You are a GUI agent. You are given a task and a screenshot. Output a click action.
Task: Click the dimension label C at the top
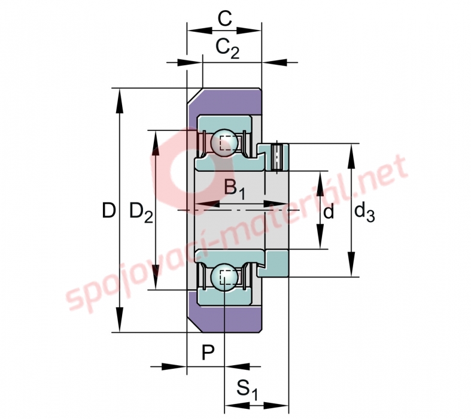pyautogui.click(x=224, y=19)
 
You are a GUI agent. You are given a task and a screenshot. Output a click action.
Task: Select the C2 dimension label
pyautogui.click(x=227, y=48)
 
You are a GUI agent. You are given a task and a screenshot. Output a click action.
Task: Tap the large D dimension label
pyautogui.click(x=109, y=210)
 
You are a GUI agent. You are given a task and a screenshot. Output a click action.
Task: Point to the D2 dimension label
pyautogui.click(x=141, y=212)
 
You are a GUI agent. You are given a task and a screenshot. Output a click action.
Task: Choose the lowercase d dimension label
pyautogui.click(x=329, y=211)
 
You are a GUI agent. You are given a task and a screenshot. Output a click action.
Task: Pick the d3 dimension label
pyautogui.click(x=364, y=211)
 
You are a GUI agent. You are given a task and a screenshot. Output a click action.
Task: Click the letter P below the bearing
pyautogui.click(x=208, y=353)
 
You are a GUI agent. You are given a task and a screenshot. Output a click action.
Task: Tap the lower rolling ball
pyautogui.click(x=224, y=277)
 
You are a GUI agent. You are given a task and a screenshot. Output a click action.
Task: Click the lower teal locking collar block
pyautogui.click(x=274, y=263)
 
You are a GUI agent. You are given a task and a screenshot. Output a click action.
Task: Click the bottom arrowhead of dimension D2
pyautogui.click(x=155, y=277)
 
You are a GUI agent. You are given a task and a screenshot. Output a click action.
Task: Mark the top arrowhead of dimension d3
pyautogui.click(x=351, y=156)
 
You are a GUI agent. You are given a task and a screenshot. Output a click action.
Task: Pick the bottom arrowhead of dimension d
pyautogui.click(x=321, y=236)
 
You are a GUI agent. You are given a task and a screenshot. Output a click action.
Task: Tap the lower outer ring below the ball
pyautogui.click(x=224, y=297)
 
